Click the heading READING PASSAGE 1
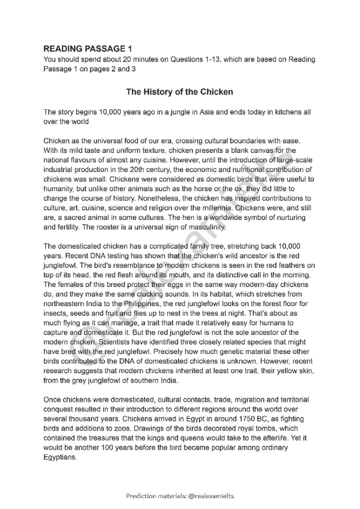[88, 49]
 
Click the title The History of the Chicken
[179, 92]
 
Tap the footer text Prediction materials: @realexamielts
[180, 496]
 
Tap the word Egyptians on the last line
[60, 457]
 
